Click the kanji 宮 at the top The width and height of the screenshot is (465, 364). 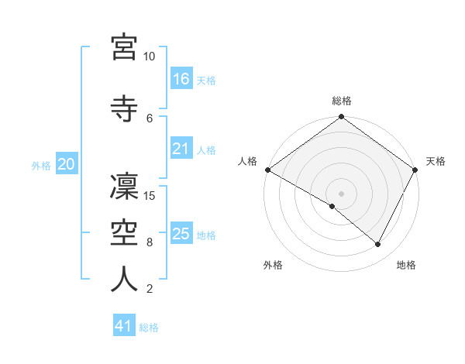[124, 46]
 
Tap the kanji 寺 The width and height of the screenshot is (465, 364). [124, 107]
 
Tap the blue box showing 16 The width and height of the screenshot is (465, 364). [181, 79]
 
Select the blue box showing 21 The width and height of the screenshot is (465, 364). [181, 149]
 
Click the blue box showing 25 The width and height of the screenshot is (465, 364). [181, 234]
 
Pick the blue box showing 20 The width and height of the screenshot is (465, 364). [66, 164]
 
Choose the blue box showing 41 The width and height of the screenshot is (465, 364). [124, 327]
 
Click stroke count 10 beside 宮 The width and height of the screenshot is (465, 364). [150, 57]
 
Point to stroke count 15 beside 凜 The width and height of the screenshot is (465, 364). [151, 195]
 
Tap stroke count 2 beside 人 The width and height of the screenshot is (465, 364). [149, 290]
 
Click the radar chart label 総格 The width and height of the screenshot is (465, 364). [341, 101]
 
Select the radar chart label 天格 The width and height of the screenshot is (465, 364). [436, 161]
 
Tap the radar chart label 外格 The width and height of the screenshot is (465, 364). [273, 265]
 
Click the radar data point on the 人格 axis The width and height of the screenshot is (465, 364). [267, 170]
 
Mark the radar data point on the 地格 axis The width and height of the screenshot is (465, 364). [378, 245]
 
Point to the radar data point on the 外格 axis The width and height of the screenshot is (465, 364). [332, 206]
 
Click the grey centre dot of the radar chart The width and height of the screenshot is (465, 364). [341, 193]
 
